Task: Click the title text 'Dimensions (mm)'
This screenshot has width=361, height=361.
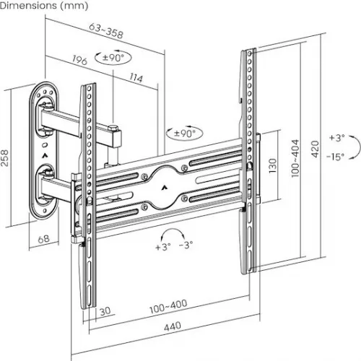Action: click(44, 6)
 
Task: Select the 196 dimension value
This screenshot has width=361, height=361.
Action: click(79, 61)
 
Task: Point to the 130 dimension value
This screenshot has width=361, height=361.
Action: click(272, 168)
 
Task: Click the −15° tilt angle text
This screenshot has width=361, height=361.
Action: click(334, 156)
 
